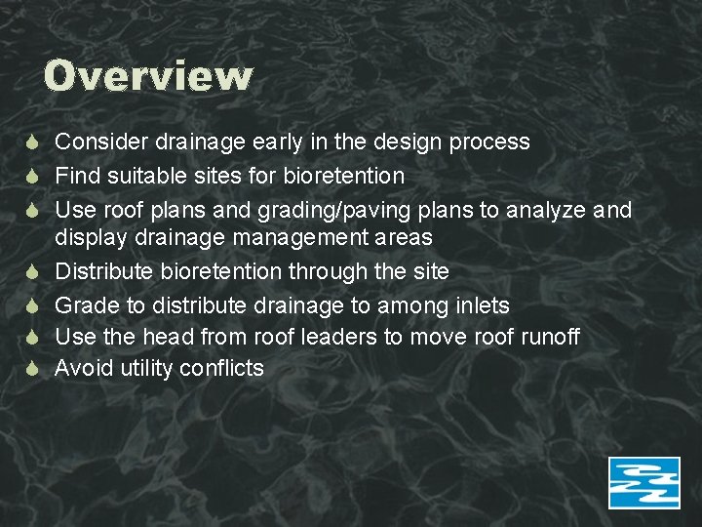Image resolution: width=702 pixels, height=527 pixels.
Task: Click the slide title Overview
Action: (148, 76)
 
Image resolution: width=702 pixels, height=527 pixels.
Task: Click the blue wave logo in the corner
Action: (643, 482)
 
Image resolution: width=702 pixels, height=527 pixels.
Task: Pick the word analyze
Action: (548, 210)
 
